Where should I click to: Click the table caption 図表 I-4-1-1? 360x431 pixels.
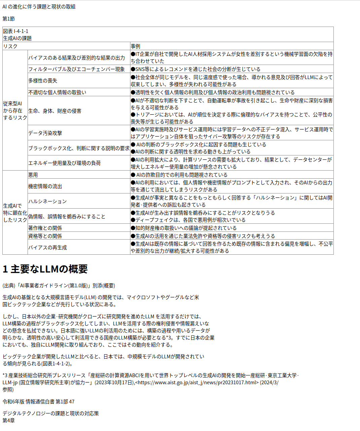[16, 31]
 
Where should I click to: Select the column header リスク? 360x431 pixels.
[10, 46]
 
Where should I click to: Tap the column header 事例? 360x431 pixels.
[135, 46]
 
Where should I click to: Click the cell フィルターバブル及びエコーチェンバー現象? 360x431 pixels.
[76, 69]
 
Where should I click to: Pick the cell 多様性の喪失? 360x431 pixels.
[43, 81]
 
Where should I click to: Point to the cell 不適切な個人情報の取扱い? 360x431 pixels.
[57, 93]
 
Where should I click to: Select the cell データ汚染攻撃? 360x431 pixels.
[45, 133]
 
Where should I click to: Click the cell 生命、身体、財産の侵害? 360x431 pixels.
[55, 111]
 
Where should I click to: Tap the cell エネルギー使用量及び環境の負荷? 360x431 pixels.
[65, 163]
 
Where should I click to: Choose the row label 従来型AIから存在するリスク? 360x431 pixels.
[15, 110]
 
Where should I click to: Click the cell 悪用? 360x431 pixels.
[33, 175]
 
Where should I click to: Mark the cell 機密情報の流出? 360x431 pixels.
[45, 186]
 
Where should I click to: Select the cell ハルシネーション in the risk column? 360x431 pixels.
[47, 202]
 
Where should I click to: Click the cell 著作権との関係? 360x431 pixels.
[45, 228]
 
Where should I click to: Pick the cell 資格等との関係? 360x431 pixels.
[45, 236]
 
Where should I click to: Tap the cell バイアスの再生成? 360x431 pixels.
[47, 248]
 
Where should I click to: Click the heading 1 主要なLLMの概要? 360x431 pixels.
[45, 269]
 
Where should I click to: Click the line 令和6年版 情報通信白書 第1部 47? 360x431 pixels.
[38, 402]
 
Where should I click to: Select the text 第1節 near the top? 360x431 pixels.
[9, 19]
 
